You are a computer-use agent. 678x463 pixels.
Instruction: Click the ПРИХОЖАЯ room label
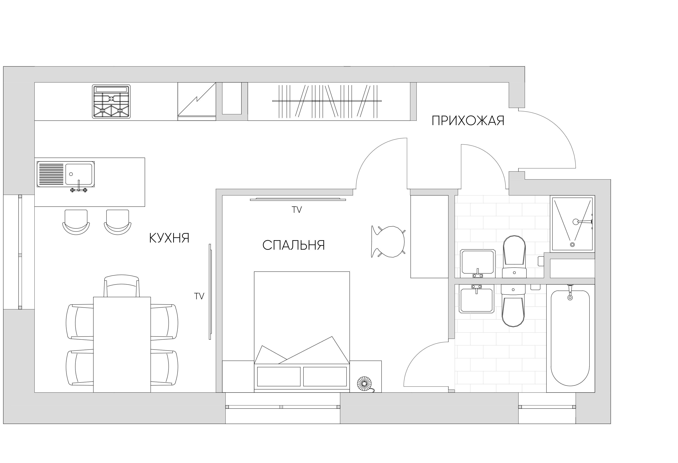(468, 121)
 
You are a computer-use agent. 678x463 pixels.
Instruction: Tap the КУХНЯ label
(169, 238)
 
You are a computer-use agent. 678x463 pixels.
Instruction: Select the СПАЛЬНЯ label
(294, 245)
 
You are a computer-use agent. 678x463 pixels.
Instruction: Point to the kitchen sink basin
(78, 174)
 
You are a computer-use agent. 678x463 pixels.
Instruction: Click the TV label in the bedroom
(297, 210)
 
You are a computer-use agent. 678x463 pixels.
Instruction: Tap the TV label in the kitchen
(199, 296)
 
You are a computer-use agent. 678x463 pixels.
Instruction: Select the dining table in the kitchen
(122, 345)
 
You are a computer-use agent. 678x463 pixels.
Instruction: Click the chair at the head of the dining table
(122, 286)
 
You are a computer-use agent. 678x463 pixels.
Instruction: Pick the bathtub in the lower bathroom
(570, 338)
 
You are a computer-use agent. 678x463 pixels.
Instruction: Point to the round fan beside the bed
(364, 384)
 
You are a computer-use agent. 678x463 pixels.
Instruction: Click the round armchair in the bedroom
(388, 242)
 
